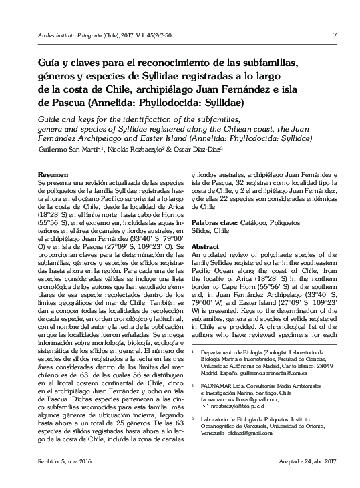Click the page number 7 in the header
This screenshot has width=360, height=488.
coord(333,35)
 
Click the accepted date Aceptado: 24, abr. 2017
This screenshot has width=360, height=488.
coord(301,462)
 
